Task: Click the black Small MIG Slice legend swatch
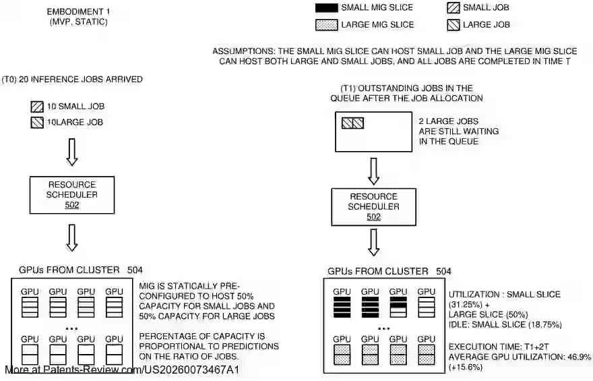click(326, 8)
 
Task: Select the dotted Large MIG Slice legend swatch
click(326, 25)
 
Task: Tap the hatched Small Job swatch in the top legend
click(454, 8)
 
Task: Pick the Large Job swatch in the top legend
click(454, 25)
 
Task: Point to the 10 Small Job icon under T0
click(36, 107)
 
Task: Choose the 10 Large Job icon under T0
click(36, 122)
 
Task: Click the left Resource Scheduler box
click(72, 194)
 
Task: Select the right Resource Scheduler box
click(373, 206)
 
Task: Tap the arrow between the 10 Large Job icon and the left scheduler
click(72, 153)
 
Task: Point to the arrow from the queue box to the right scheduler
click(373, 170)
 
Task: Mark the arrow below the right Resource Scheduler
click(373, 243)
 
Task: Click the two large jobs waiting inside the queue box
click(352, 123)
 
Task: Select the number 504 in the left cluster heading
click(135, 270)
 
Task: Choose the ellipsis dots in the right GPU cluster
click(384, 328)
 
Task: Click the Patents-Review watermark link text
click(122, 370)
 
